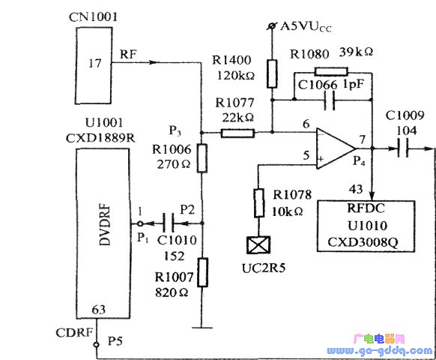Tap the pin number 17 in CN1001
(94, 64)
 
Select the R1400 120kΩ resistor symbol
(272, 73)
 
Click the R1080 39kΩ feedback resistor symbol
(331, 71)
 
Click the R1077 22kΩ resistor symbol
(237, 133)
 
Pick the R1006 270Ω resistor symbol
(202, 158)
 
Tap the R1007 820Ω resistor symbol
(202, 272)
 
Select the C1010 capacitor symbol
(169, 223)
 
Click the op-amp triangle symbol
(336, 148)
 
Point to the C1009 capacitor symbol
(403, 148)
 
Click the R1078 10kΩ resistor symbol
(259, 202)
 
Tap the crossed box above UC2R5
(258, 245)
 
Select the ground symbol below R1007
(202, 328)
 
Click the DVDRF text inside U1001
(105, 225)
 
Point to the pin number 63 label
(99, 309)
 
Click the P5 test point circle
(96, 345)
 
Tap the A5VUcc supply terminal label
(306, 27)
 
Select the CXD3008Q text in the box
(363, 242)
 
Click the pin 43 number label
(356, 190)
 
